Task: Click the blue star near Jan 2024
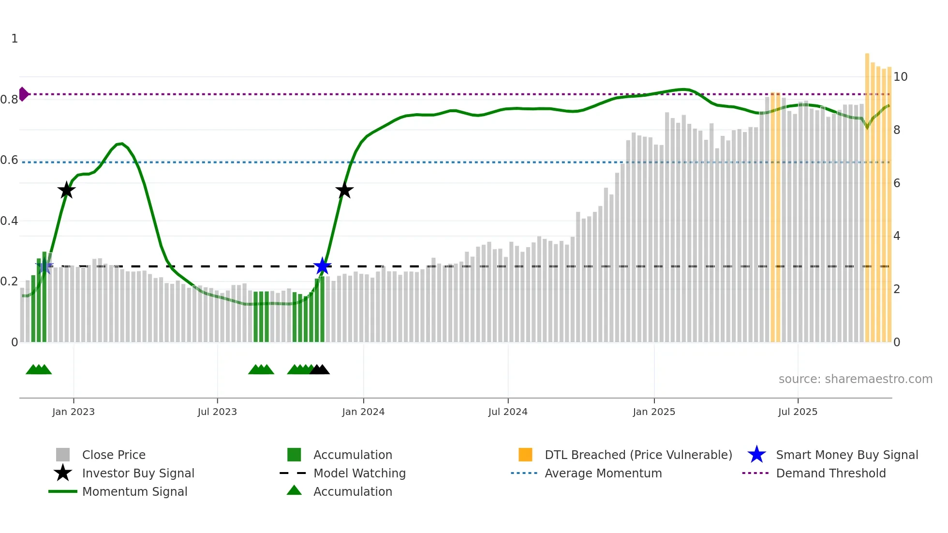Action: (x=322, y=266)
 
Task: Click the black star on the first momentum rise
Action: (x=67, y=190)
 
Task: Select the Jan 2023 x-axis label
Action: (x=74, y=412)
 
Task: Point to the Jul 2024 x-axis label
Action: (x=508, y=412)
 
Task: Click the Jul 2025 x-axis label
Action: (x=798, y=412)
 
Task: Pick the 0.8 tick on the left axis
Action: (x=10, y=100)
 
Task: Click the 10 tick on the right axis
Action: (x=900, y=77)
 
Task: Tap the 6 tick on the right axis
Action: (x=897, y=183)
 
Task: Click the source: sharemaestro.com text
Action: (x=855, y=379)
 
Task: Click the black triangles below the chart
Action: (x=320, y=370)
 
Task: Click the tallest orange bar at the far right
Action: (x=867, y=193)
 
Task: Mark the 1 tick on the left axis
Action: (x=15, y=39)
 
